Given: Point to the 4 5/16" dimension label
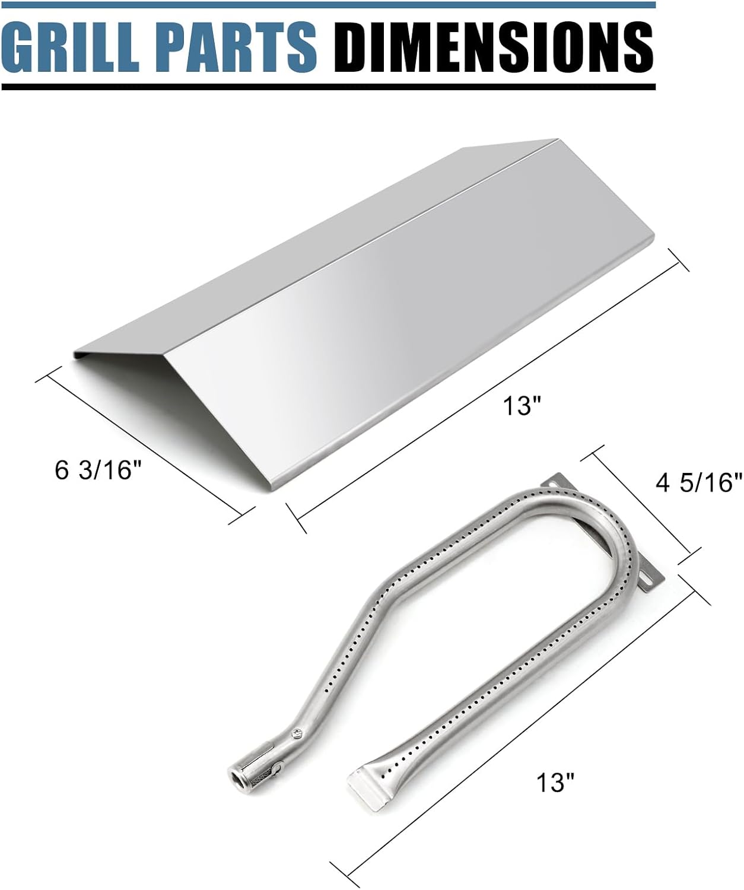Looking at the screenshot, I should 698,482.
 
